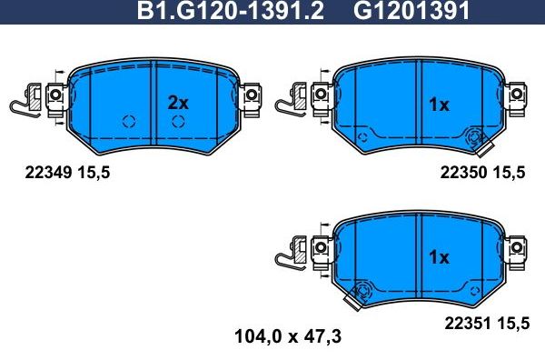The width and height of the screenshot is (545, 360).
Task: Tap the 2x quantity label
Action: pos(177,103)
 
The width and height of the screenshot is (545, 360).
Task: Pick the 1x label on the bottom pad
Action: pos(439,257)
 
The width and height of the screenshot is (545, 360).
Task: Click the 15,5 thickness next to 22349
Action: pos(94,171)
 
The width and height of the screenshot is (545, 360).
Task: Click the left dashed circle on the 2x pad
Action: pos(128,121)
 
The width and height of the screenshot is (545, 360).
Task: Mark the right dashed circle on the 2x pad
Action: pos(180,121)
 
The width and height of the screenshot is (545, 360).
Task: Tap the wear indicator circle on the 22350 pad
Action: pos(472,138)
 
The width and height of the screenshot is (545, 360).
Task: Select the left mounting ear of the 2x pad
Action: pos(54,95)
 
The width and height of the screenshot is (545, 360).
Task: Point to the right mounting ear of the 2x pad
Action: pos(252,95)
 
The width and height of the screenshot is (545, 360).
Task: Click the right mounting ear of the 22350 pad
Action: pos(516,94)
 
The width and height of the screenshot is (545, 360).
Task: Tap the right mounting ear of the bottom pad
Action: pos(516,246)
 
